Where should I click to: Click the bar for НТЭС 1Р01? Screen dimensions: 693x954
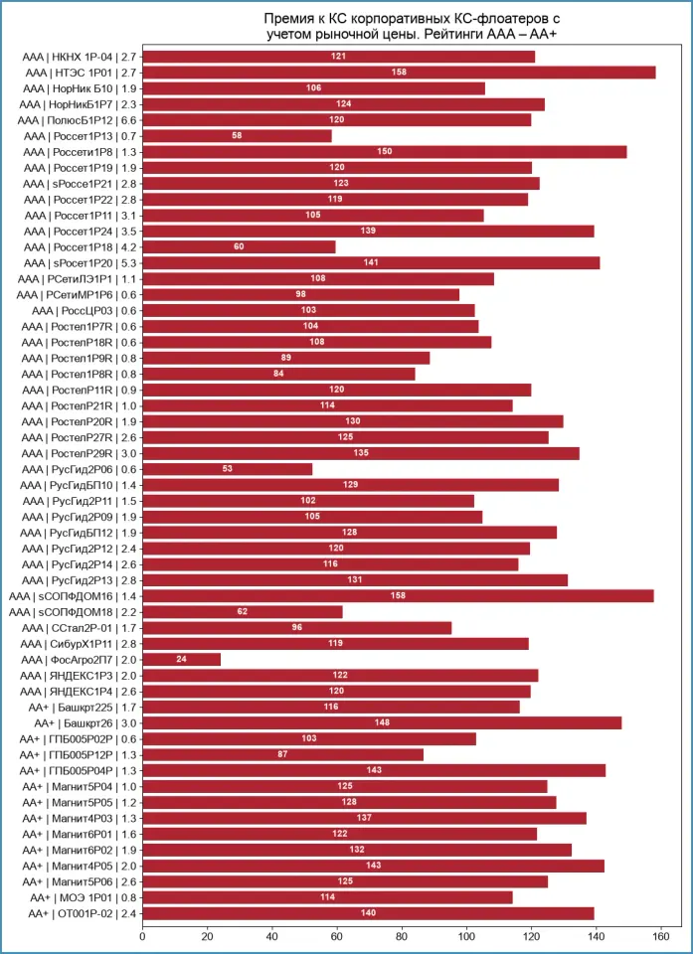(399, 73)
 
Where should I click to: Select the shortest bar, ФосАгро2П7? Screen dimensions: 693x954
(182, 660)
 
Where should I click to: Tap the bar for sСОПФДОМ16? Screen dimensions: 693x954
(399, 595)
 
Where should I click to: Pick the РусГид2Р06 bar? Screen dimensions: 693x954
(227, 469)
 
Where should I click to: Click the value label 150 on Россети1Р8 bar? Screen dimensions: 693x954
(384, 151)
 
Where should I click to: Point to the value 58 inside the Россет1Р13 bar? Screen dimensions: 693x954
(237, 136)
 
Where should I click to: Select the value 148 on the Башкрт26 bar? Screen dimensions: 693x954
(382, 722)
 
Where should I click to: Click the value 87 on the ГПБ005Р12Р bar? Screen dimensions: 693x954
(282, 754)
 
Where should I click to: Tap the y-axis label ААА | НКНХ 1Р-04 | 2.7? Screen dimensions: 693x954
(80, 58)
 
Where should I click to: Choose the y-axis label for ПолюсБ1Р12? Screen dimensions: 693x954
(78, 120)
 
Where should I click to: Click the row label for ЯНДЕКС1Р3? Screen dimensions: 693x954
(79, 676)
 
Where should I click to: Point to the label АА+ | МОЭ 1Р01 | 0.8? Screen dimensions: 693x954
(84, 898)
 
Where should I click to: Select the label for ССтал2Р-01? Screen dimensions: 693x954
(79, 628)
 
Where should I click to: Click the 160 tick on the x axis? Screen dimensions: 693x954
(661, 936)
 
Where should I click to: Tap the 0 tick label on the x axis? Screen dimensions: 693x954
(142, 936)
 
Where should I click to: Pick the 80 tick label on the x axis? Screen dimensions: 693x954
(402, 936)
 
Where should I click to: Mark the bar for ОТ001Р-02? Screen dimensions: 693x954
(369, 913)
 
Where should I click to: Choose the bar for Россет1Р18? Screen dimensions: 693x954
(239, 247)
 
